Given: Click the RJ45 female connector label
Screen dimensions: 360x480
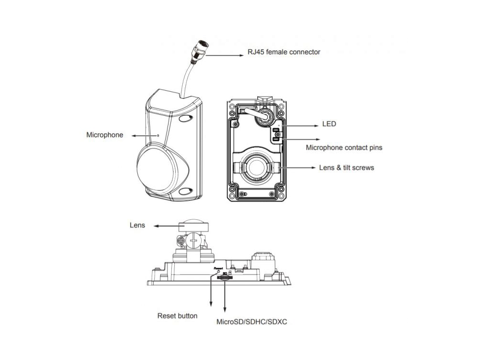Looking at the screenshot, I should coord(284,51).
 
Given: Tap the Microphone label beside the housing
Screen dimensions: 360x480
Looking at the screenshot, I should coord(105,135).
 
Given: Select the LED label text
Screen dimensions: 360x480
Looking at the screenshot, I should coord(329,124).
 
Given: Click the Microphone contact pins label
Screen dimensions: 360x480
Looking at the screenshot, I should coord(344,148).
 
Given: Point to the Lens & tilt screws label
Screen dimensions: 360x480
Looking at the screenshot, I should coord(347,168).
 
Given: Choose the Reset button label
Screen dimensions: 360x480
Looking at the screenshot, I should coord(178,316).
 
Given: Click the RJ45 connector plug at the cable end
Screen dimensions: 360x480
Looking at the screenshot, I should coord(200,50).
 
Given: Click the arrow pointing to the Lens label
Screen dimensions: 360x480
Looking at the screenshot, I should coord(161,225).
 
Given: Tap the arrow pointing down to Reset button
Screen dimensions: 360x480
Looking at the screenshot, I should coord(212,293).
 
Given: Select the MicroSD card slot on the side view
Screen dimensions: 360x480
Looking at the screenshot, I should coord(224,277).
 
